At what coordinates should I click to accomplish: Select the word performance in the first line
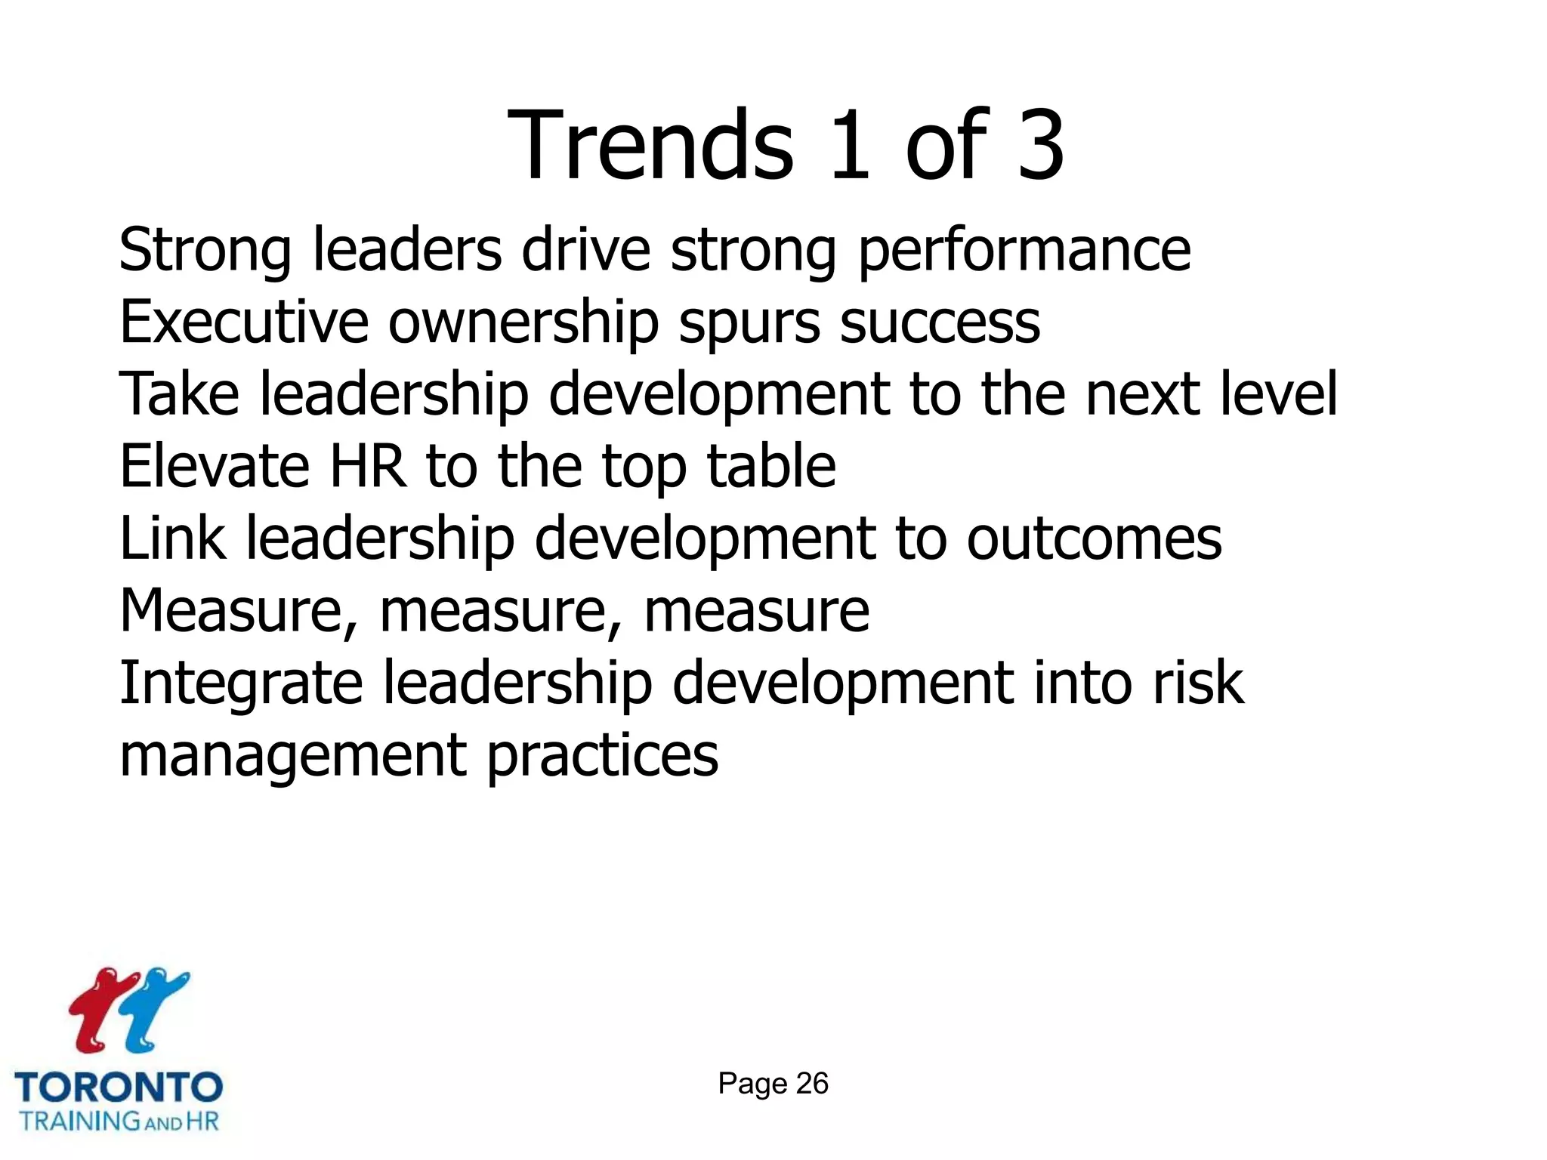point(1024,251)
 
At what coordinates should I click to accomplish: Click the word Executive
point(244,322)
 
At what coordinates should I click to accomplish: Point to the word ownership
point(523,322)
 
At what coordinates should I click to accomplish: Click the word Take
point(179,394)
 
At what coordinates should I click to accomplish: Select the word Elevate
point(215,466)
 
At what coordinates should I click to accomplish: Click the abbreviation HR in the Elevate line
point(368,466)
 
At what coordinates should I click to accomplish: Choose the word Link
point(172,538)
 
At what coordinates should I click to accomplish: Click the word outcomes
point(1094,538)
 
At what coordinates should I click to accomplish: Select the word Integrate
point(241,683)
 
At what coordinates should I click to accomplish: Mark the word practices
point(602,755)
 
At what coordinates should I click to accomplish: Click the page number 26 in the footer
point(812,1084)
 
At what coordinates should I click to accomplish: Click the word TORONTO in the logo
point(119,1087)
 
